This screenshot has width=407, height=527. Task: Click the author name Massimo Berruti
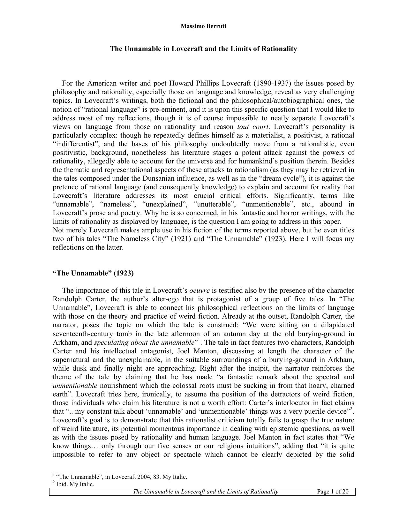203,26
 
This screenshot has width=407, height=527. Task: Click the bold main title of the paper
203,49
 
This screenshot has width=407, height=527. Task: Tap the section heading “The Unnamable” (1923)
93,273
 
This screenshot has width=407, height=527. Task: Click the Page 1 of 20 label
333,492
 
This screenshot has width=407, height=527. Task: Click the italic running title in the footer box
205,492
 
